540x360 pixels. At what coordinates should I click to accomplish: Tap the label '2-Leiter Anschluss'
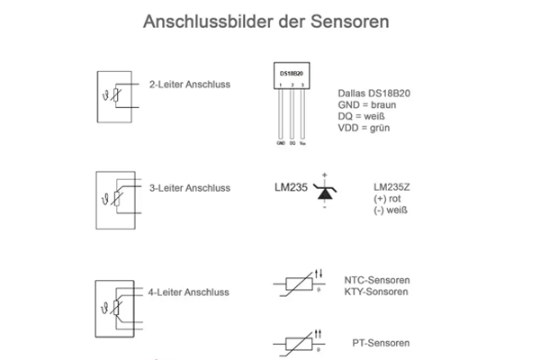[x=190, y=85]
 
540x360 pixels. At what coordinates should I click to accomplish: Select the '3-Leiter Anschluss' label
[x=190, y=188]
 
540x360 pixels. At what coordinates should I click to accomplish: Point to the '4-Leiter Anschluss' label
[x=189, y=292]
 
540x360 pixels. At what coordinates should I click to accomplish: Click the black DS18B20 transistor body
[x=292, y=75]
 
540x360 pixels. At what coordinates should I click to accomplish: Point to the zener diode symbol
[x=323, y=189]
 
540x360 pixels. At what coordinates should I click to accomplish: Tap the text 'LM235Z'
[x=391, y=186]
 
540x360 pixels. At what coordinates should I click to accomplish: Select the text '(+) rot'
[x=388, y=198]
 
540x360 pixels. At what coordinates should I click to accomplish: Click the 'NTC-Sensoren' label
[x=377, y=280]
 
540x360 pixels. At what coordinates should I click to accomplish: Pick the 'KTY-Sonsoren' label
[x=377, y=292]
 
